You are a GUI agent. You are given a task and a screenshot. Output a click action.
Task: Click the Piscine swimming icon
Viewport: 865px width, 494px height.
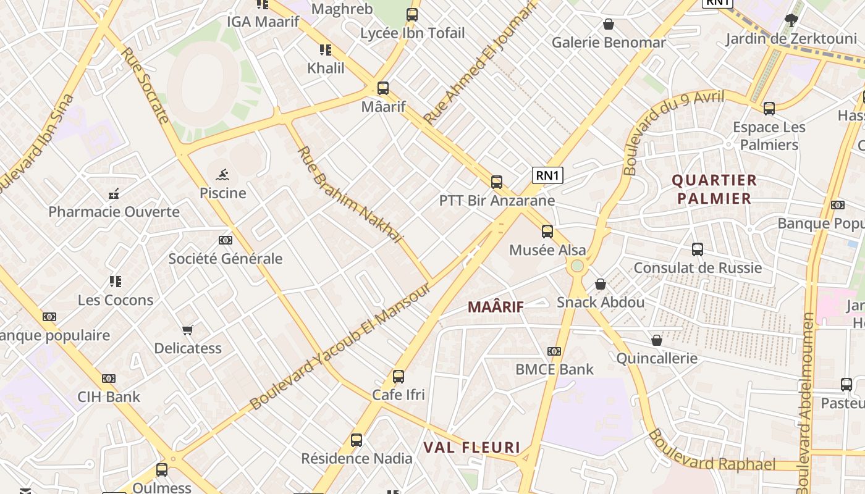[x=223, y=175]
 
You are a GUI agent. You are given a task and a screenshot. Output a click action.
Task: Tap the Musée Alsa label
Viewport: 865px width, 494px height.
[x=547, y=250]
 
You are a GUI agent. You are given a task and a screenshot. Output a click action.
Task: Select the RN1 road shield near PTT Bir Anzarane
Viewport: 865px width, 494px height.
[x=547, y=175]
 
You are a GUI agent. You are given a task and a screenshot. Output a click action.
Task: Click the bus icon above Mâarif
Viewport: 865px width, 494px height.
[x=383, y=88]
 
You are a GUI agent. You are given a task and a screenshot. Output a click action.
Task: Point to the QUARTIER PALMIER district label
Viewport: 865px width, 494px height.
[x=714, y=190]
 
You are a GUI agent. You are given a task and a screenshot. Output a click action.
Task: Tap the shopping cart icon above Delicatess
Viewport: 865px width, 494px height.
[x=188, y=330]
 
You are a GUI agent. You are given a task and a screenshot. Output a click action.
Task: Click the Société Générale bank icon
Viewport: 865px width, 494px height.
[x=226, y=240]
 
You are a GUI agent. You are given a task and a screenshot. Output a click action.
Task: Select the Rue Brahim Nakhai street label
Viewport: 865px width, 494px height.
[x=350, y=195]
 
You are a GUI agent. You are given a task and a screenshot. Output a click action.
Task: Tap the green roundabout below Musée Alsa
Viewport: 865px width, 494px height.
[x=577, y=266]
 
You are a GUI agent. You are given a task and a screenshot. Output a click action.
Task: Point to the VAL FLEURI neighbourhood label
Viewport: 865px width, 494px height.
[x=471, y=448]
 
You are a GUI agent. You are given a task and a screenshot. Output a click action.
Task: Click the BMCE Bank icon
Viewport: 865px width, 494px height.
[x=554, y=351]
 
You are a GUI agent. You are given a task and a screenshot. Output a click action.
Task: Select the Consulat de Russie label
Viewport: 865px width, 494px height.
[x=698, y=268]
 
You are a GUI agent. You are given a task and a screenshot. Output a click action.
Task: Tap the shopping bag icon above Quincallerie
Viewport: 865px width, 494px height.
[x=657, y=340]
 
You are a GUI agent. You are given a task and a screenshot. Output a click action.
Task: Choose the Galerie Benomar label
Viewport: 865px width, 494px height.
[x=609, y=43]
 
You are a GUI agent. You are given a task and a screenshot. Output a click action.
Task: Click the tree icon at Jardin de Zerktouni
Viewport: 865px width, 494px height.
[x=791, y=20]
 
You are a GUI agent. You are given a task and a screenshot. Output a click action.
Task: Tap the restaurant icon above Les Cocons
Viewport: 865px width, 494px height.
[x=116, y=282]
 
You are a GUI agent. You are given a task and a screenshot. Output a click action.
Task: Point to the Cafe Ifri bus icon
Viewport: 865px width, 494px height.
[x=399, y=376]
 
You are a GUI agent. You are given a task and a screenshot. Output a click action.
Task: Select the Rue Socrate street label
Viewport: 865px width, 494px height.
[x=145, y=85]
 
